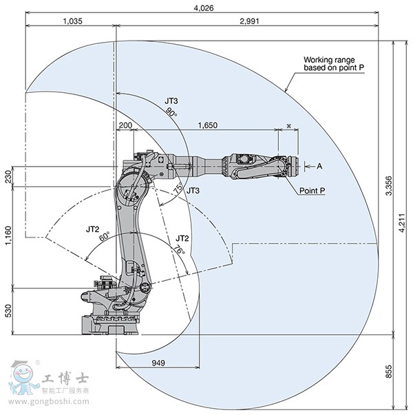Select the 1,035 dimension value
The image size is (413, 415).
(x=72, y=21)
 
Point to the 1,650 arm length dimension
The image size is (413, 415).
(x=207, y=125)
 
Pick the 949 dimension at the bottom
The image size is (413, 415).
(x=158, y=362)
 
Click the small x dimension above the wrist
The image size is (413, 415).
(x=288, y=125)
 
